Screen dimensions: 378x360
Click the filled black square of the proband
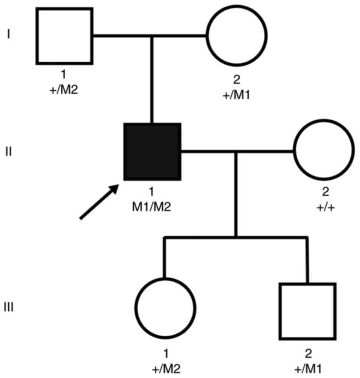click(152, 151)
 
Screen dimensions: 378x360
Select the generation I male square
click(64, 36)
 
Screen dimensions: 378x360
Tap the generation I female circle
click(237, 36)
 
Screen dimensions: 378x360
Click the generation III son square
click(308, 311)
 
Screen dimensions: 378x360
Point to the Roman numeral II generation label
click(9, 152)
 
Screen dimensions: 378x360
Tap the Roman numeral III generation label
click(8, 308)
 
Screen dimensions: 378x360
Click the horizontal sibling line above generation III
click(236, 237)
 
